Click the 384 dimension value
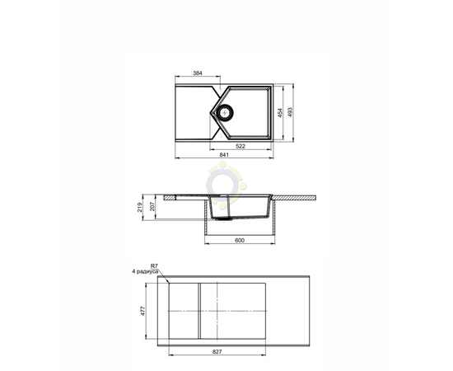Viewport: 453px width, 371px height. click(x=198, y=73)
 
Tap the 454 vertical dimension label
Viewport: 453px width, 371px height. click(x=280, y=113)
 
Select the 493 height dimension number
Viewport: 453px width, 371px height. click(x=290, y=112)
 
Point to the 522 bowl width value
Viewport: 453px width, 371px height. click(x=241, y=146)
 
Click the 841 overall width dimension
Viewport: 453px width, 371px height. click(x=224, y=155)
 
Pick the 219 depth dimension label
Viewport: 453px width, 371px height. click(x=140, y=207)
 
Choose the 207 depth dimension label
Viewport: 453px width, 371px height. click(x=152, y=206)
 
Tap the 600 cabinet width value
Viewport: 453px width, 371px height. click(x=240, y=240)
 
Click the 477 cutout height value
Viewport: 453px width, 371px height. click(x=142, y=311)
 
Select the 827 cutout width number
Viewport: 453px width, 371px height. click(x=217, y=352)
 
